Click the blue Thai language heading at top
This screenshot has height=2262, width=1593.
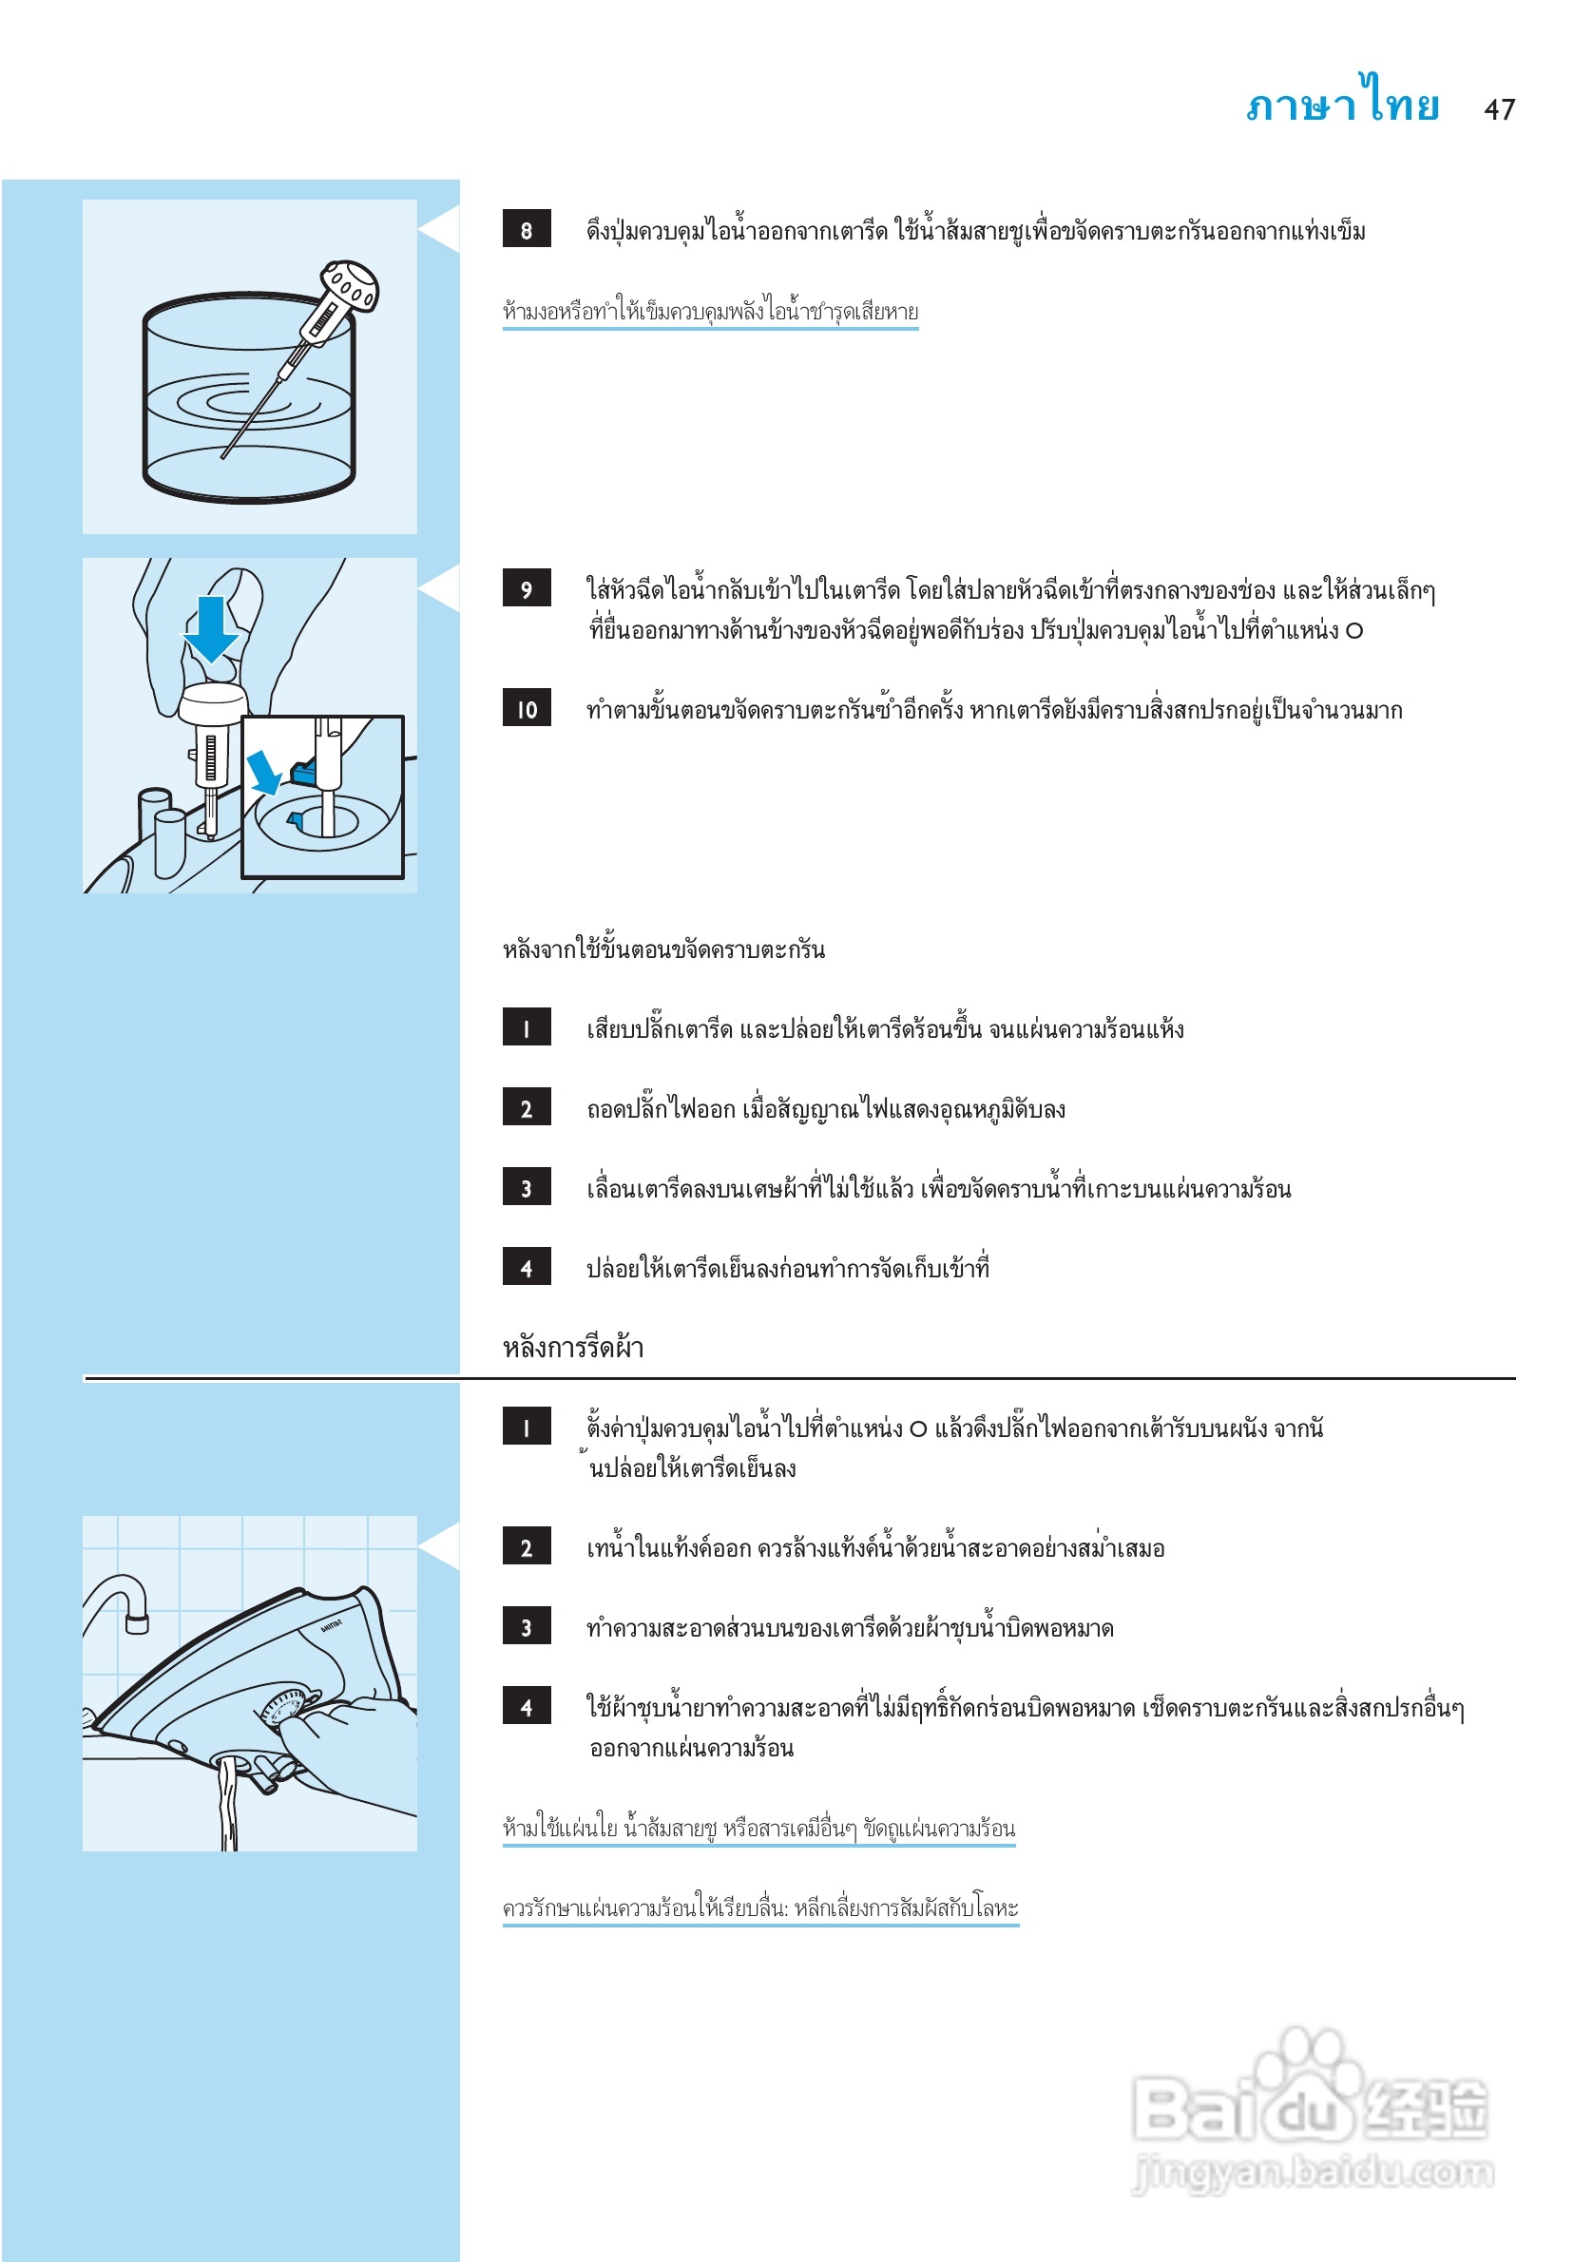click(x=1343, y=103)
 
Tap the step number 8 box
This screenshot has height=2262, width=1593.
click(x=526, y=230)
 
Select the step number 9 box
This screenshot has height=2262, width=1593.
click(x=526, y=588)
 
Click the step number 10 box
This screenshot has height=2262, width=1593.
click(x=526, y=708)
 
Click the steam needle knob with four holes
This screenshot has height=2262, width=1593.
click(x=350, y=285)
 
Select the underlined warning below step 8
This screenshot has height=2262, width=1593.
click(x=709, y=313)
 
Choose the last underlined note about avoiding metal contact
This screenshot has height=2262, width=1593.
click(x=759, y=1908)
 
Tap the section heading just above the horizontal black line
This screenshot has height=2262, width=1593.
click(x=572, y=1347)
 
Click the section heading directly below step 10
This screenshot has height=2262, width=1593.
click(x=663, y=949)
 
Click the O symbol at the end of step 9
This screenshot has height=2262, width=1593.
click(x=1354, y=630)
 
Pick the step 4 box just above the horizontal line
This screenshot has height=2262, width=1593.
click(x=526, y=1267)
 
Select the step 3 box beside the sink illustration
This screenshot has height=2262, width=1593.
click(x=526, y=1627)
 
